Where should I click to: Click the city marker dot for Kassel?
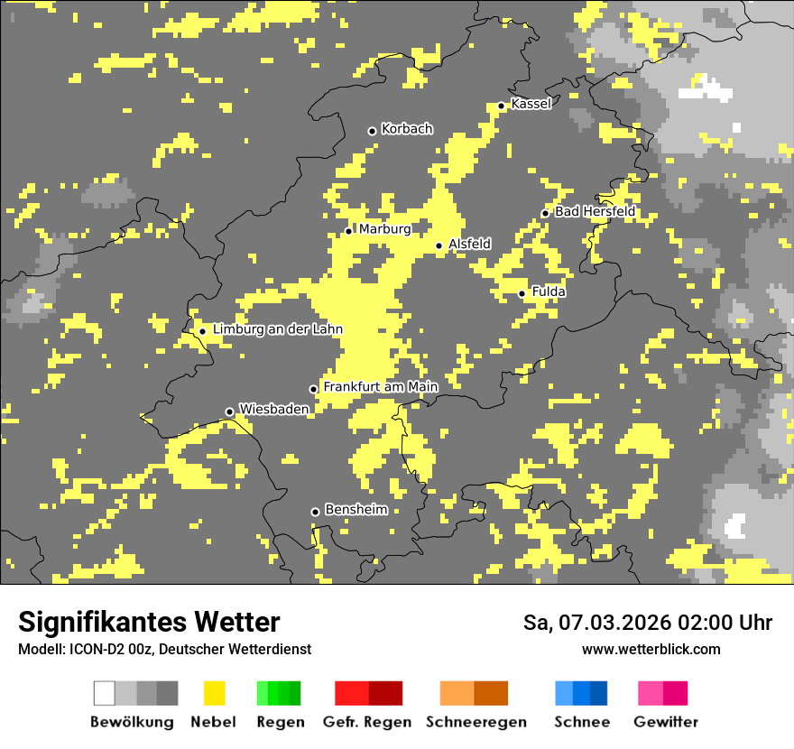tap(502, 106)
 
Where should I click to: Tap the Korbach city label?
tap(407, 129)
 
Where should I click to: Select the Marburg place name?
tap(384, 229)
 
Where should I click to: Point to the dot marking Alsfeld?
tap(439, 245)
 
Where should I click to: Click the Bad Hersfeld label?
tap(595, 212)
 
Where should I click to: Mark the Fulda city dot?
tap(522, 293)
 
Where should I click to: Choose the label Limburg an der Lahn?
tap(277, 330)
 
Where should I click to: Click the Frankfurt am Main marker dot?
tap(314, 389)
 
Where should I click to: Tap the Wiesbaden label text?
tap(273, 410)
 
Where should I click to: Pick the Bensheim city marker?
tap(315, 512)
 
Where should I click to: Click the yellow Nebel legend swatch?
tap(214, 693)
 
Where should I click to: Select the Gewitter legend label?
tap(666, 722)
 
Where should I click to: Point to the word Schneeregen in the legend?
tap(476, 722)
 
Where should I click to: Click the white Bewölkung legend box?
tap(105, 693)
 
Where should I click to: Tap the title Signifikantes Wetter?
tap(149, 622)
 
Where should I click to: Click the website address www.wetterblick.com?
tap(651, 650)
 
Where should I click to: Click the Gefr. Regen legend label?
tap(367, 722)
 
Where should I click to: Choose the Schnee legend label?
tap(581, 722)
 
